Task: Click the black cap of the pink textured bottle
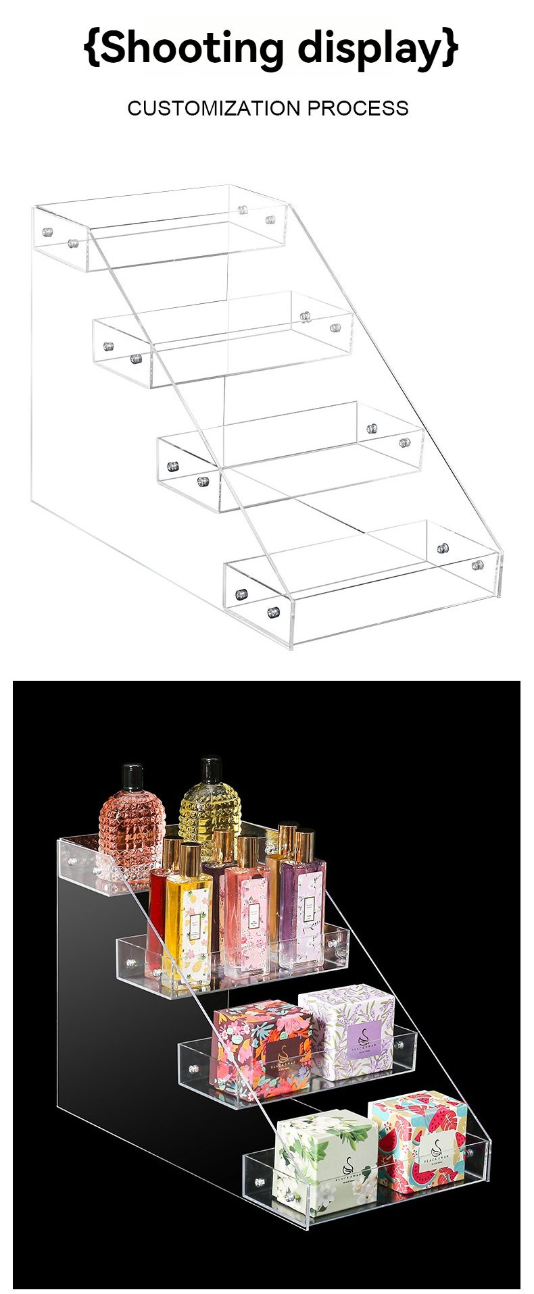[132, 777]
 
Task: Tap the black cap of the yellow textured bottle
[211, 771]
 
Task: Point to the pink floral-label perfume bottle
[247, 912]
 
